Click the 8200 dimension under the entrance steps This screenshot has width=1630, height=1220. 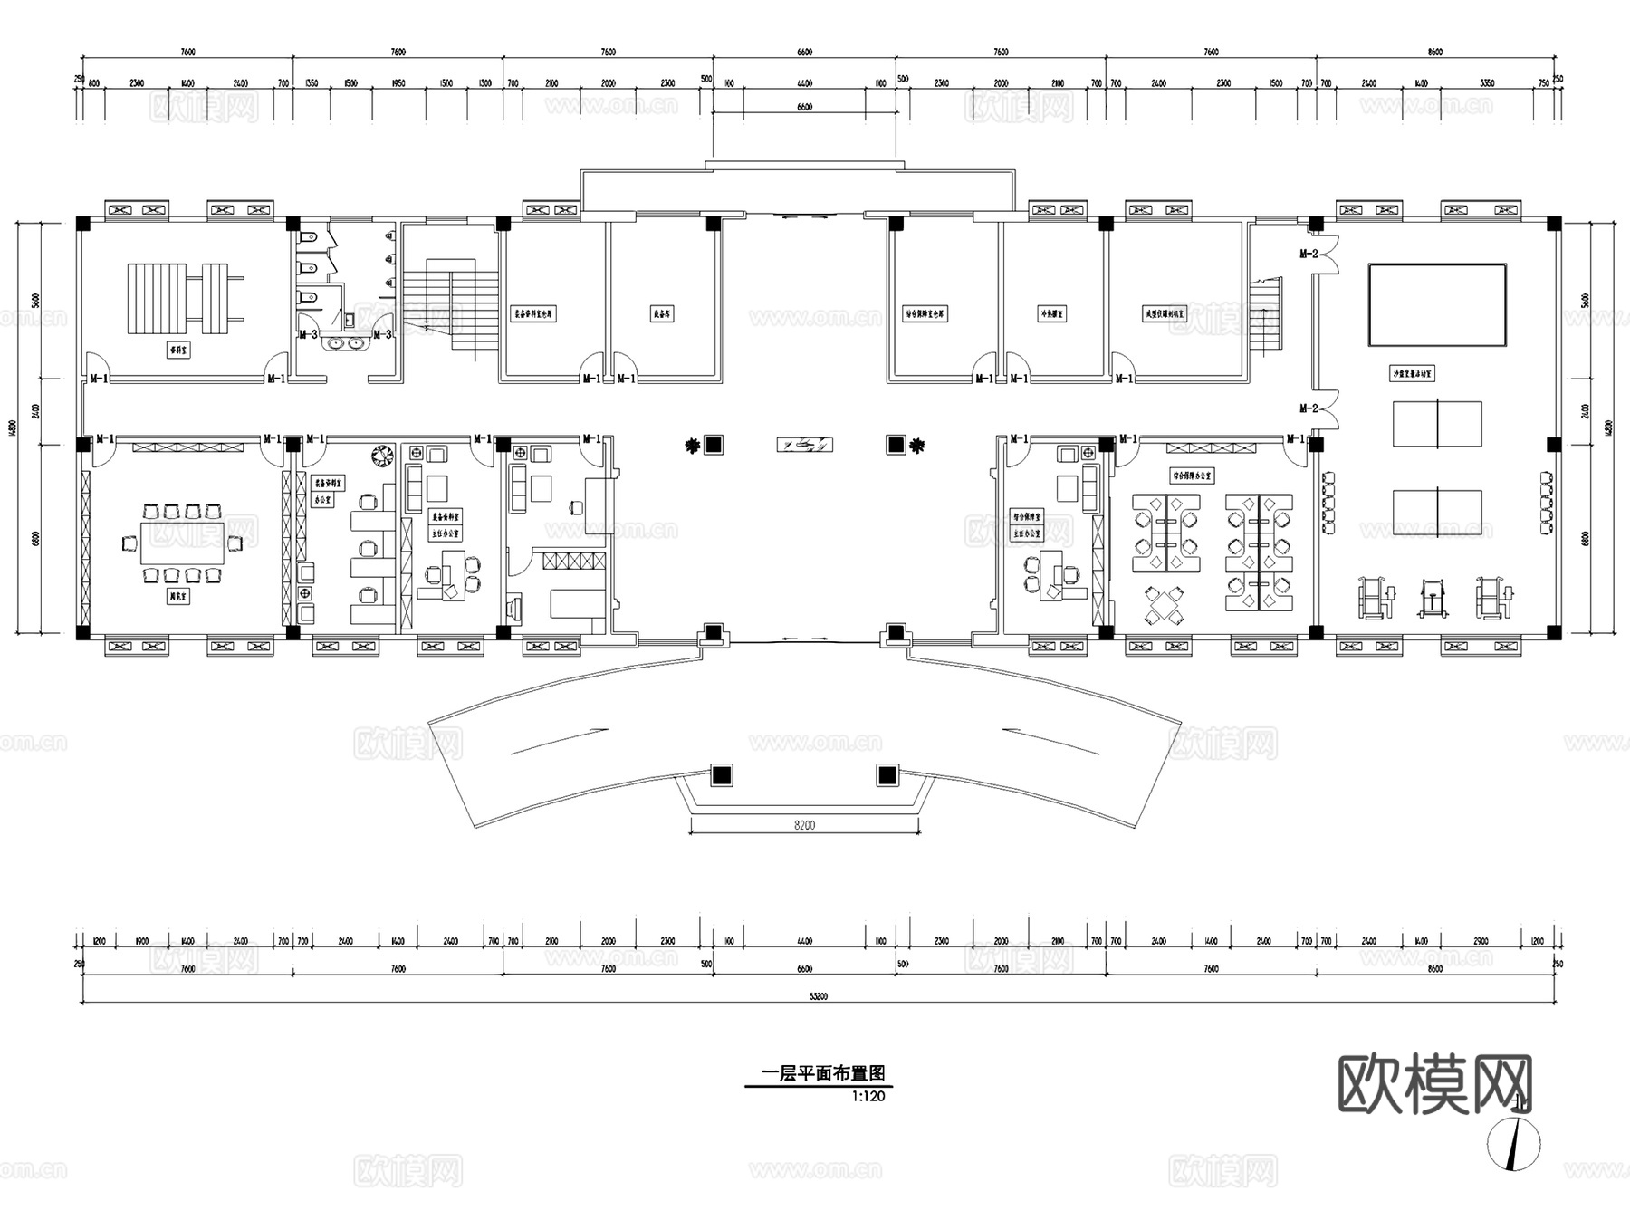pyautogui.click(x=804, y=825)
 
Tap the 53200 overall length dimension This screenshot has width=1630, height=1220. pyautogui.click(x=819, y=996)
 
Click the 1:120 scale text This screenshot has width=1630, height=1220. pyautogui.click(x=868, y=1096)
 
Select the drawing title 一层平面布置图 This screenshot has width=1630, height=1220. pyautogui.click(x=822, y=1074)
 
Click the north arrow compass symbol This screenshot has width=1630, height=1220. pyautogui.click(x=1513, y=1145)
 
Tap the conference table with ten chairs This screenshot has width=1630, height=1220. pyautogui.click(x=182, y=543)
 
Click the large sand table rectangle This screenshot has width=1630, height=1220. pyautogui.click(x=1436, y=304)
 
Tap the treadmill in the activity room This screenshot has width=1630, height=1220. pyautogui.click(x=1431, y=599)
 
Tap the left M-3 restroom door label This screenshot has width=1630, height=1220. pyautogui.click(x=308, y=334)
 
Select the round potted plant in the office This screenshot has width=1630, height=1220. pyautogui.click(x=382, y=453)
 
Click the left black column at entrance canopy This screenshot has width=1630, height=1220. pyautogui.click(x=721, y=775)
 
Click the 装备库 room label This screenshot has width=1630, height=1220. pyautogui.click(x=662, y=314)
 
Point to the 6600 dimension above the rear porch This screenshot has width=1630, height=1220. pyautogui.click(x=804, y=107)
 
